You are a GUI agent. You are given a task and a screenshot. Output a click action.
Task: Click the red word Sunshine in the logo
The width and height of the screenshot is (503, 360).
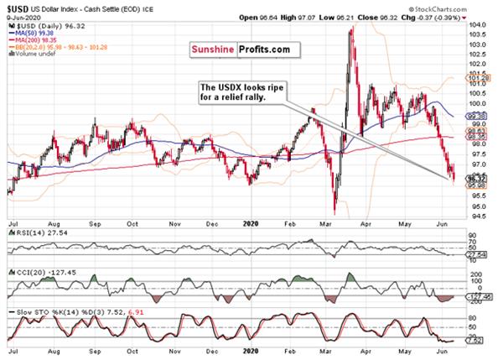click(215, 50)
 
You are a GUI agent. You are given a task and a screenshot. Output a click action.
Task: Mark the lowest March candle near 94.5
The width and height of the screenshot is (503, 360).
click(334, 212)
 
